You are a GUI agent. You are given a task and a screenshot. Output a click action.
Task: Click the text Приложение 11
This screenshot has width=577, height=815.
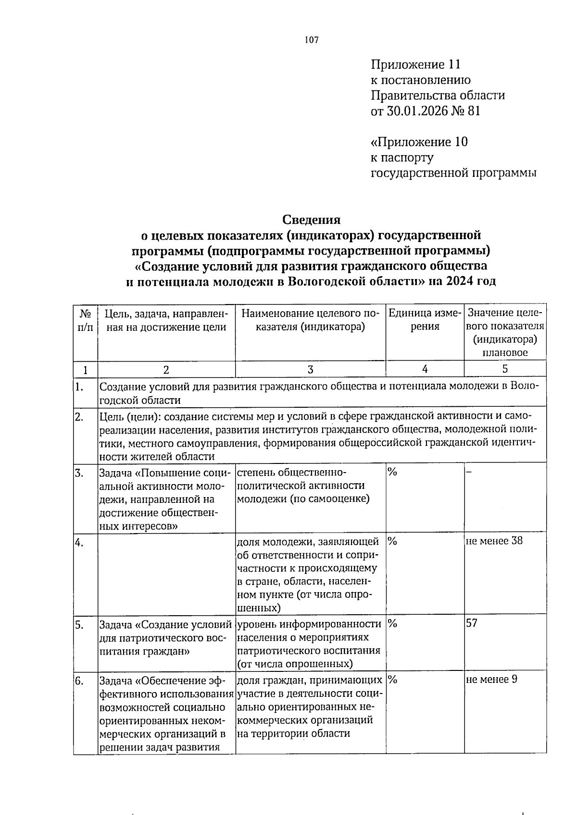coord(415,64)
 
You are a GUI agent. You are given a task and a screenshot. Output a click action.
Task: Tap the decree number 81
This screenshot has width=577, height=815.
coord(473,111)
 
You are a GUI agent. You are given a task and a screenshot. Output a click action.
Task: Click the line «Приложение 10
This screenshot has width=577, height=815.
coord(419,142)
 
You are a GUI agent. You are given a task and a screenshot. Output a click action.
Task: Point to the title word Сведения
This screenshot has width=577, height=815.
coord(311,220)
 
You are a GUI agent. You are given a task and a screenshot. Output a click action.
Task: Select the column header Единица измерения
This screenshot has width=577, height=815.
coord(425,320)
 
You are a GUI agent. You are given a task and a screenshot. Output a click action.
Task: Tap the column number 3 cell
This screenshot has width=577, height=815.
coord(310,369)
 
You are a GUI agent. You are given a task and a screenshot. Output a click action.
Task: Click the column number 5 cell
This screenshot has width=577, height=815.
coord(504,369)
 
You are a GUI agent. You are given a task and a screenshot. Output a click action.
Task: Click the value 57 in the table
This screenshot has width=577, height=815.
coord(472,624)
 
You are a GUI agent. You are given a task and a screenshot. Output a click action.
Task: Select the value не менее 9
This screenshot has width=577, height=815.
coord(491,680)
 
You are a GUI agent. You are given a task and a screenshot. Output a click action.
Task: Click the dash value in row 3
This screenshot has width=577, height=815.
coord(469,472)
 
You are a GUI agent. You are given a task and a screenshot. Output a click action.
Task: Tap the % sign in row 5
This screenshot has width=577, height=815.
coord(392,624)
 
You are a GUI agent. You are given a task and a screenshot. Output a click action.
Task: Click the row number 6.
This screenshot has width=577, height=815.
coord(79,681)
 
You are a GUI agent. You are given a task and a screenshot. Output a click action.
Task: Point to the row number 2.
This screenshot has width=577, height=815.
coord(79,416)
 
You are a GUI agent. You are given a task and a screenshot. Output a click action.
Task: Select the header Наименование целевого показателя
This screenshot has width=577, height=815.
coord(310,320)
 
